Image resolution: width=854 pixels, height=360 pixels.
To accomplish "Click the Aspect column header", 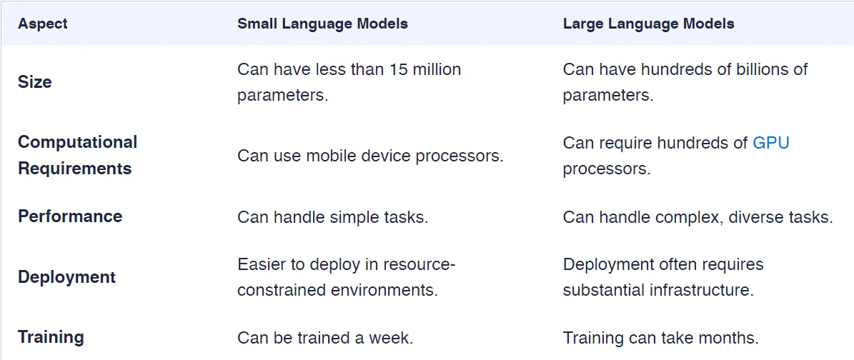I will [x=43, y=24].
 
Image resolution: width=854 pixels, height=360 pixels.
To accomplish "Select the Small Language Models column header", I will [x=322, y=24].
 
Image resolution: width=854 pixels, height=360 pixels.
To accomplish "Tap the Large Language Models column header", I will [x=648, y=24].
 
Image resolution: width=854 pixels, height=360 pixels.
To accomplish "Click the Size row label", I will [x=35, y=82].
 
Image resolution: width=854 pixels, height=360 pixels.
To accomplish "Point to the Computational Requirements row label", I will [x=77, y=155].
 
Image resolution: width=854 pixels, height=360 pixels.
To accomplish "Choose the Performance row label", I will [x=70, y=216].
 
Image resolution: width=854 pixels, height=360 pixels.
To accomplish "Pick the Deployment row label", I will [x=66, y=277].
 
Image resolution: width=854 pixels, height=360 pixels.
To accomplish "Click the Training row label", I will [x=51, y=337].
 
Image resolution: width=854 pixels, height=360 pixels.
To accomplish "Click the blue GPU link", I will [x=770, y=142].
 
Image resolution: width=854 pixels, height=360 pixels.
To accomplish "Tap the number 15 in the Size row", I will [x=398, y=69].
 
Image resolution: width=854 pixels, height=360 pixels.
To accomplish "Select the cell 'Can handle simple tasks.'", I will [x=332, y=216].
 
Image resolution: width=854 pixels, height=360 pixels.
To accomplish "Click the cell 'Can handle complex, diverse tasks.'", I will [x=697, y=216].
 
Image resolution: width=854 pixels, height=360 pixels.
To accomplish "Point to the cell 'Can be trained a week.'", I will [x=325, y=337].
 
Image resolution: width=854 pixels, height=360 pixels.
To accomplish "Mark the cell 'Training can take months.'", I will [x=660, y=337].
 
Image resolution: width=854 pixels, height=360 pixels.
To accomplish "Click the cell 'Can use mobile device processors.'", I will [x=370, y=155].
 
